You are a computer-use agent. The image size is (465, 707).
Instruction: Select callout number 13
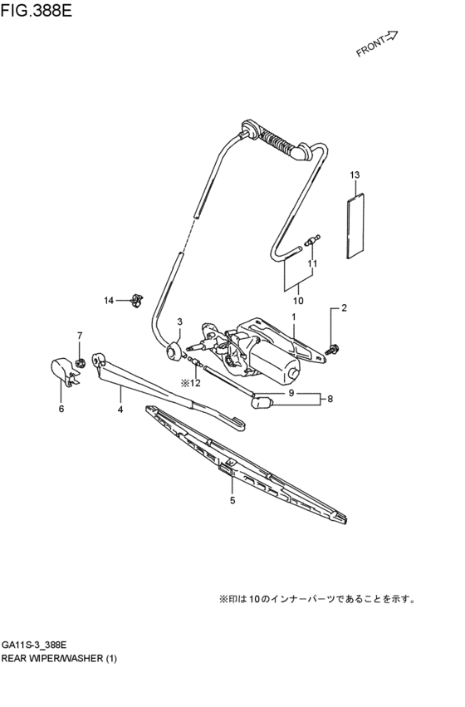pyautogui.click(x=355, y=175)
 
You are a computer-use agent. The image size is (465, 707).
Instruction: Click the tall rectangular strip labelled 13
pyautogui.click(x=354, y=222)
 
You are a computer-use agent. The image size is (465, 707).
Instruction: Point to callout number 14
pyautogui.click(x=108, y=300)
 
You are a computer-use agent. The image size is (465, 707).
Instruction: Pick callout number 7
pyautogui.click(x=81, y=336)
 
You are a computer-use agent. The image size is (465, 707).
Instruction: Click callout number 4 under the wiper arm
pyautogui.click(x=120, y=410)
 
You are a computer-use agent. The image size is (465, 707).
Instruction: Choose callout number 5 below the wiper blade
pyautogui.click(x=232, y=500)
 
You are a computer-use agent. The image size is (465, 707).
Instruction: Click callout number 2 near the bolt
pyautogui.click(x=345, y=309)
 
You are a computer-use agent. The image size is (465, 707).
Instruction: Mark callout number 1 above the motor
pyautogui.click(x=293, y=317)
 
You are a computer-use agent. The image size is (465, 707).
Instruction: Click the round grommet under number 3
pyautogui.click(x=174, y=351)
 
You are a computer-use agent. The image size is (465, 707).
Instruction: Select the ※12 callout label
pyautogui.click(x=191, y=383)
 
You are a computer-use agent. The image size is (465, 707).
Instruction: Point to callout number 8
pyautogui.click(x=330, y=399)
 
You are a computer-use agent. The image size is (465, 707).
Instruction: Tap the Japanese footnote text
pyautogui.click(x=316, y=597)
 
